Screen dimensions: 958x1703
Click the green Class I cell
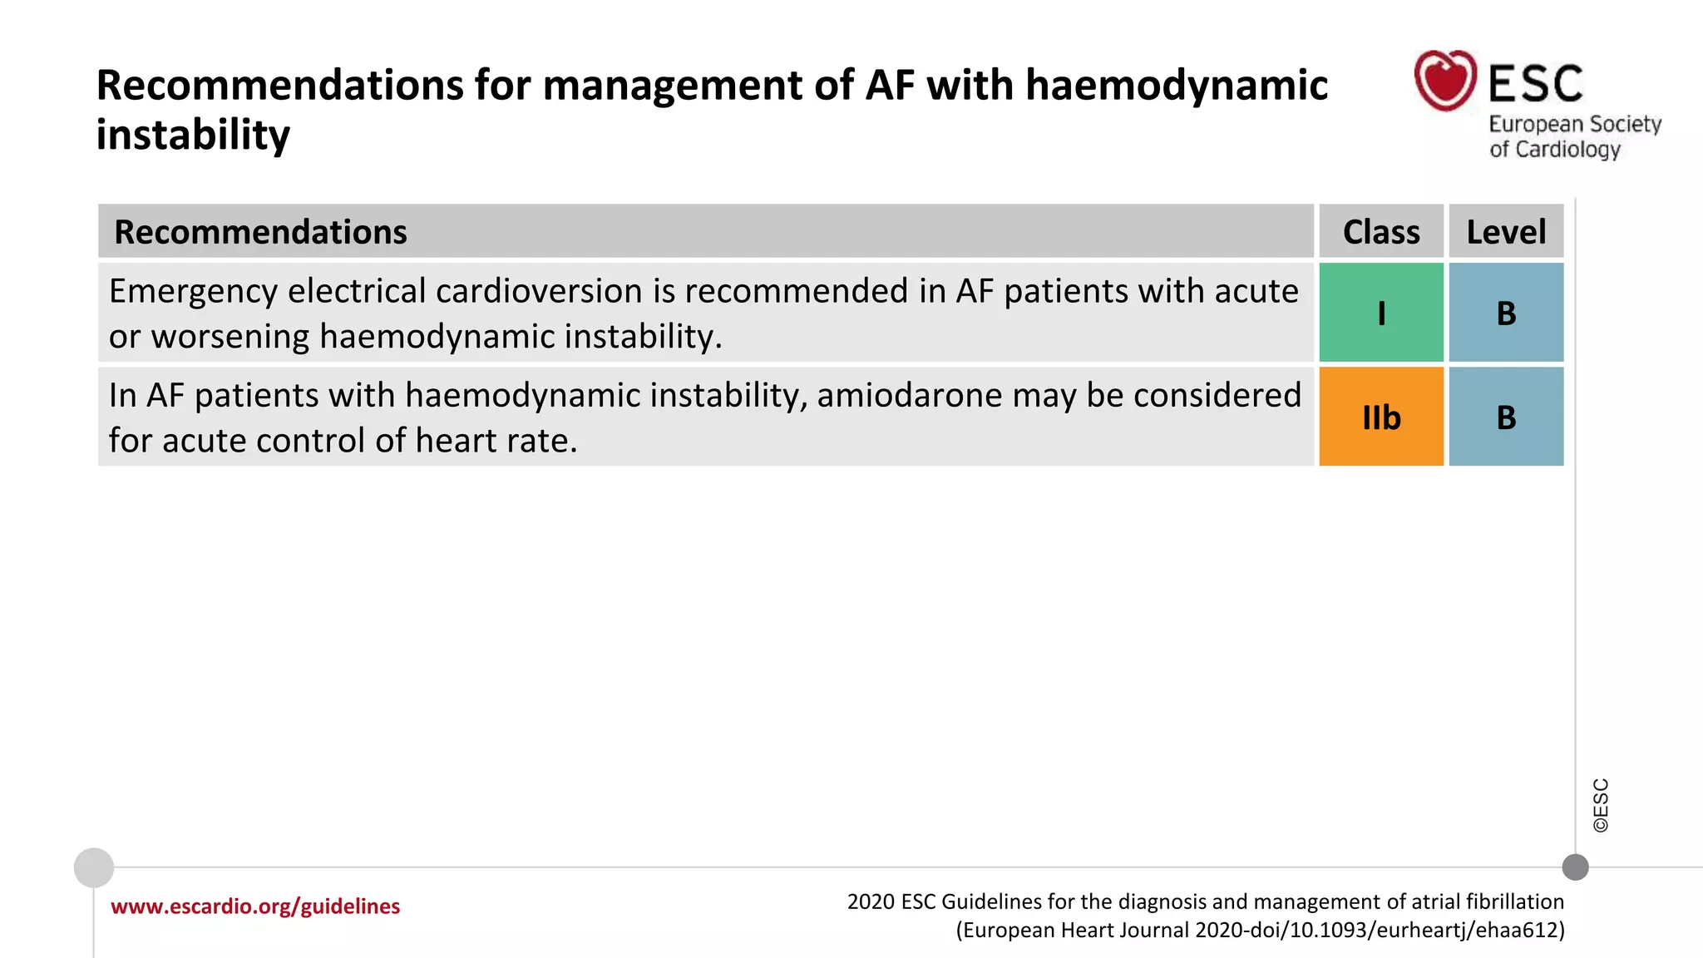1380,313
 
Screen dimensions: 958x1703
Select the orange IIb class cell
1380,417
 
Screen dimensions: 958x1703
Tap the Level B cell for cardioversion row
1506,313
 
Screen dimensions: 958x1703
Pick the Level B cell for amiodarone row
1506,417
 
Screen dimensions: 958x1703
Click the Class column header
1380,232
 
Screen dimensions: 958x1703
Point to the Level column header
1506,232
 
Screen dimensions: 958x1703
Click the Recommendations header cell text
260,232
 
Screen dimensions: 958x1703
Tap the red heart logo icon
1445,80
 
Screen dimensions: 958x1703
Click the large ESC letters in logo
1535,84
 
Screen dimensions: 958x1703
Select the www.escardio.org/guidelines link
255,906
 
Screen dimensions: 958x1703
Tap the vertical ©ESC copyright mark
1601,805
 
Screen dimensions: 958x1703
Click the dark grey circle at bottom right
1575,867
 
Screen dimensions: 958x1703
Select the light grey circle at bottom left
94,867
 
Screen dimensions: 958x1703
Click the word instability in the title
193,135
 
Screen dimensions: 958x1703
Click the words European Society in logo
1574,124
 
